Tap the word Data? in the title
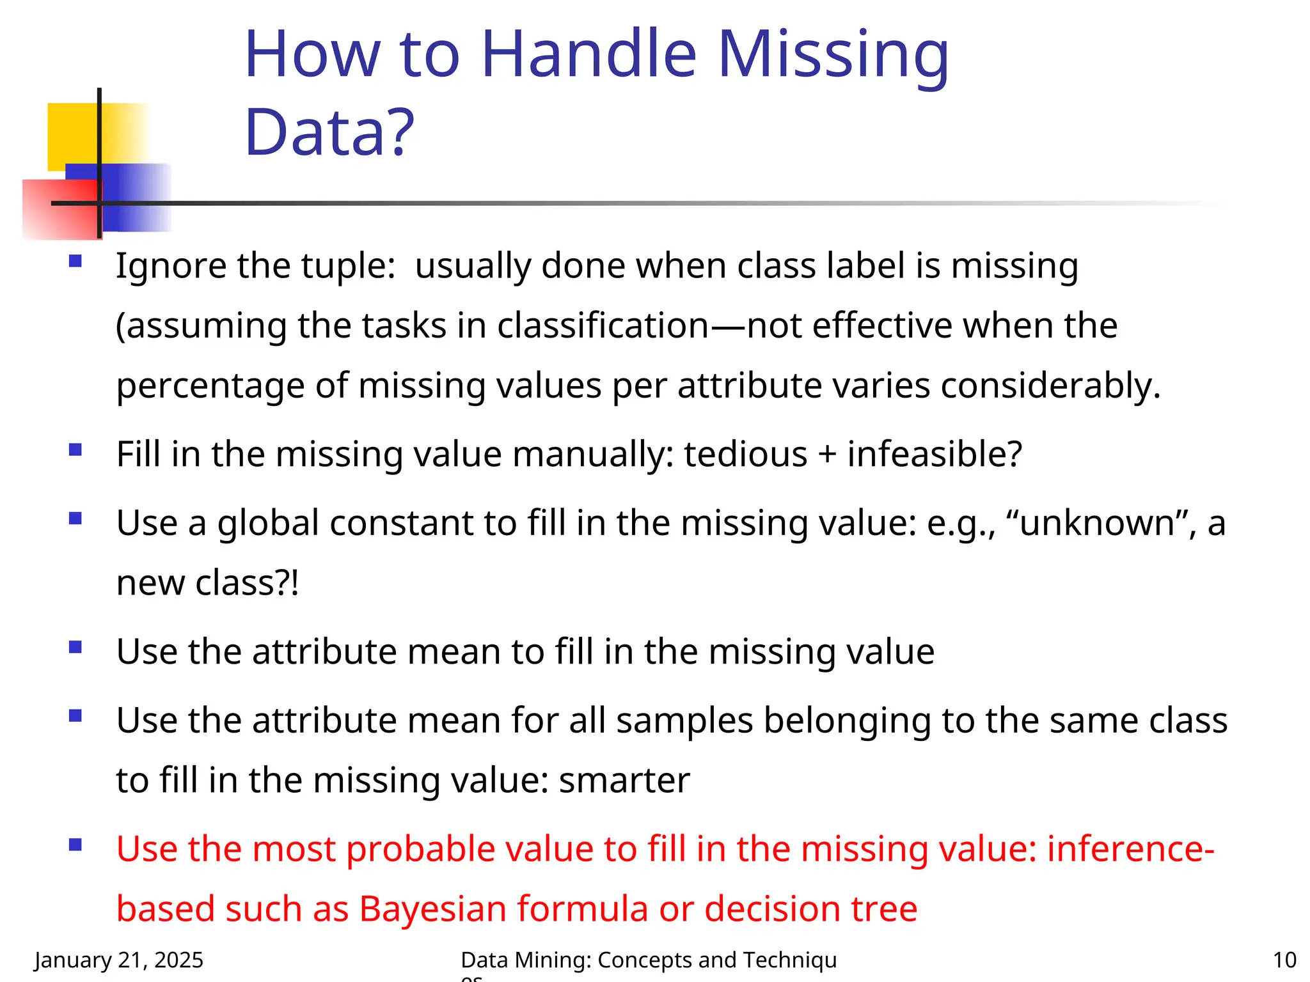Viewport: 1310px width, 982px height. pos(329,132)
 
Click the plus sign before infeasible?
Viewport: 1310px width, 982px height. pos(827,455)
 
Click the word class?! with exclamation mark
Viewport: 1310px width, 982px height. pos(247,582)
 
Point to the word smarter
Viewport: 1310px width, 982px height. pos(624,780)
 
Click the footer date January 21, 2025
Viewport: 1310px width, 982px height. pos(119,960)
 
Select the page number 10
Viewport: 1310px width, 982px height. pos(1284,960)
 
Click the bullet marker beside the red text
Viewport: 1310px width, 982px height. pos(75,845)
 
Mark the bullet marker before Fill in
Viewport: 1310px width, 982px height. pos(75,449)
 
